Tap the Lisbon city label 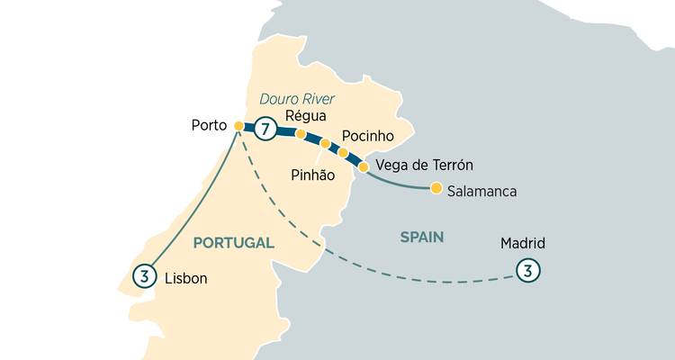[x=186, y=279]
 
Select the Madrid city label [x=523, y=244]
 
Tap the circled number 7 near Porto [x=264, y=129]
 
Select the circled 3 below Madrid [x=527, y=269]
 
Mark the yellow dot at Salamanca [x=436, y=188]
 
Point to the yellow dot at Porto [x=238, y=126]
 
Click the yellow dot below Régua [x=301, y=134]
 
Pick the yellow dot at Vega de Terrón [x=364, y=166]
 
